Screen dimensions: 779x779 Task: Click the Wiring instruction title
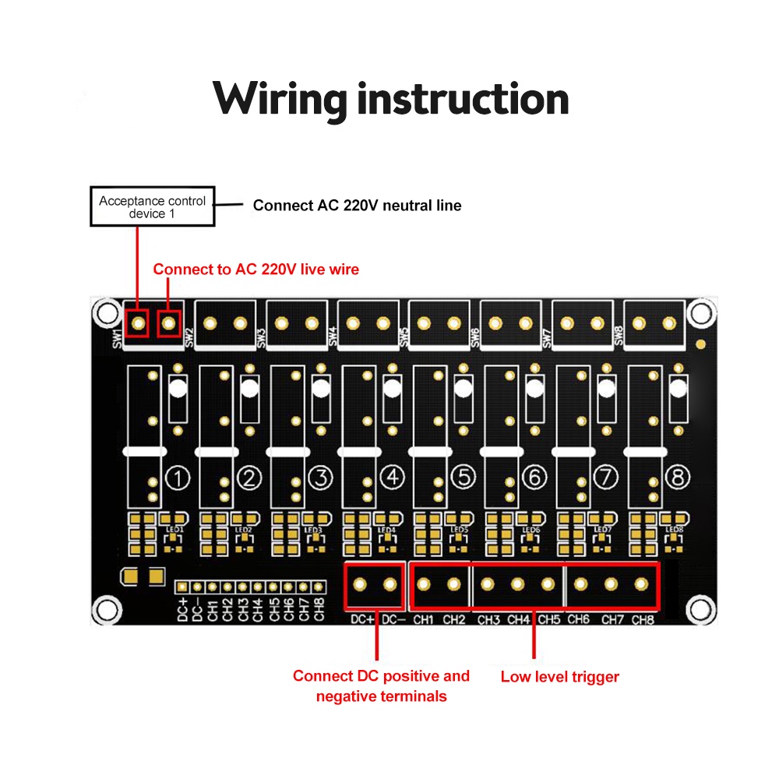pyautogui.click(x=390, y=99)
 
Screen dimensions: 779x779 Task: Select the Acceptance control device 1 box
pyautogui.click(x=152, y=206)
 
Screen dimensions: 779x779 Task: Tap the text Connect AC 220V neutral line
pyautogui.click(x=357, y=206)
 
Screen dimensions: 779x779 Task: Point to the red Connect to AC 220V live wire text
pyautogui.click(x=256, y=270)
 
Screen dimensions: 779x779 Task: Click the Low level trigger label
pyautogui.click(x=559, y=677)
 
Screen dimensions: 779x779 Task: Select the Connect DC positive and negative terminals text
pyautogui.click(x=381, y=686)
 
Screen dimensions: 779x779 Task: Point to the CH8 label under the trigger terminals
pyautogui.click(x=643, y=620)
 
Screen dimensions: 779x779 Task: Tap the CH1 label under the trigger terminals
pyautogui.click(x=423, y=620)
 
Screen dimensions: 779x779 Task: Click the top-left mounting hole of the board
pyautogui.click(x=105, y=313)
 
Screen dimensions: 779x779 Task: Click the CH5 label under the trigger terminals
pyautogui.click(x=549, y=620)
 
